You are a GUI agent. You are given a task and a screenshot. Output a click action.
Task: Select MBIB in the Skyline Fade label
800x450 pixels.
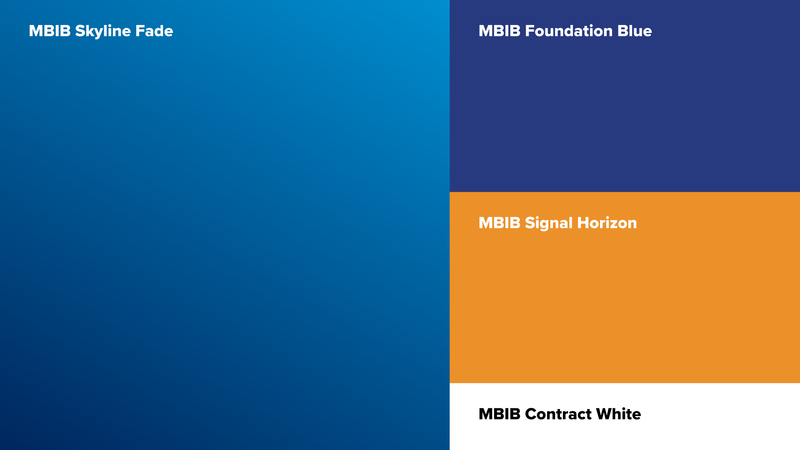click(50, 31)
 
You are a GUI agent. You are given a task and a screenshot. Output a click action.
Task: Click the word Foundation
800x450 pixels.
click(569, 31)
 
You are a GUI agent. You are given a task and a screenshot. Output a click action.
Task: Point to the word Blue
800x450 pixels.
click(635, 31)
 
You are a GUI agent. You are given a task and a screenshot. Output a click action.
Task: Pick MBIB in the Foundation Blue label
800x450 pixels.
click(500, 31)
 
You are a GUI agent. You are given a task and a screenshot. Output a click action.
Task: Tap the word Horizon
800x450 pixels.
click(607, 223)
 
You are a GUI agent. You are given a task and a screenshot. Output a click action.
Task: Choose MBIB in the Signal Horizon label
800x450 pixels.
click(500, 223)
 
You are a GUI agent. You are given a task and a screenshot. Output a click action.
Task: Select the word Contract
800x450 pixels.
click(558, 414)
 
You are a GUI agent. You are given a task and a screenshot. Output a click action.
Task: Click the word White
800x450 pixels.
click(618, 414)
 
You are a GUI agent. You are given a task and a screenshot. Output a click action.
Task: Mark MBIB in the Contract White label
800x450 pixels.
click(500, 414)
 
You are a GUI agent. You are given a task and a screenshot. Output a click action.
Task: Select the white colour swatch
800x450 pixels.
click(625, 417)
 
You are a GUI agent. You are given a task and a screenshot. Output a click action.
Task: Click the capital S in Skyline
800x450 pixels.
click(80, 31)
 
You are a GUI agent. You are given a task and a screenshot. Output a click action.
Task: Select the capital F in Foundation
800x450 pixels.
click(530, 31)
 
